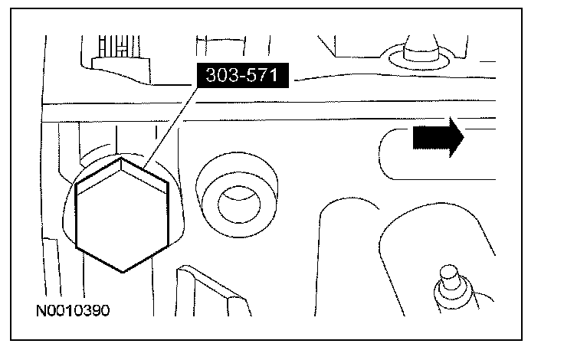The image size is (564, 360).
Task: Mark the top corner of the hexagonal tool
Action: pyautogui.click(x=121, y=159)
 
